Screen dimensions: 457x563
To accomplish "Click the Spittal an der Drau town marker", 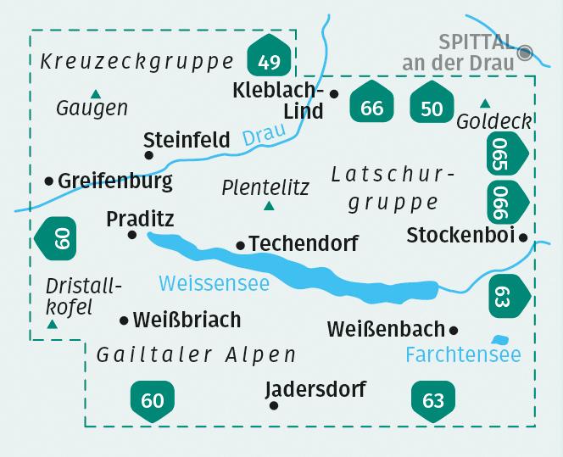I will (x=526, y=53).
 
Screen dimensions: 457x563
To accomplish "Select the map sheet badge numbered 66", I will (x=371, y=105).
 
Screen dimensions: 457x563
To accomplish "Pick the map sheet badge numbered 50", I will (x=432, y=105).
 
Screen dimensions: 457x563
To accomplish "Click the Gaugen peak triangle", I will (x=95, y=93).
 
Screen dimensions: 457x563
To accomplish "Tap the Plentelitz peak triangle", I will (x=269, y=206).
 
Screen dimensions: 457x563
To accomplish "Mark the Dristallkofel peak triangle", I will (x=53, y=324).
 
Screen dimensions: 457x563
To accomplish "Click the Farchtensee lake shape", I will (x=500, y=339).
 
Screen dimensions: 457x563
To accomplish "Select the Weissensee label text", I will (x=214, y=282).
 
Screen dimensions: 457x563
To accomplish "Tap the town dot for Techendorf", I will (x=241, y=245).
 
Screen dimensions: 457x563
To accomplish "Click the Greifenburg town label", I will (x=115, y=181).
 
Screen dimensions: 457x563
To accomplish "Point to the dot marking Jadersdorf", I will (x=273, y=406).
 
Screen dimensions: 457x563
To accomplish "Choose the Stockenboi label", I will (x=461, y=235).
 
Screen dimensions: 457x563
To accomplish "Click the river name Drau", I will (x=259, y=137).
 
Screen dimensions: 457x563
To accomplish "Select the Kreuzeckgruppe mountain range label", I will (x=137, y=62).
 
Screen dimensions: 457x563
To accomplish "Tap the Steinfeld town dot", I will (x=149, y=155).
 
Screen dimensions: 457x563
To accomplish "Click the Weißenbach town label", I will (x=386, y=328).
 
